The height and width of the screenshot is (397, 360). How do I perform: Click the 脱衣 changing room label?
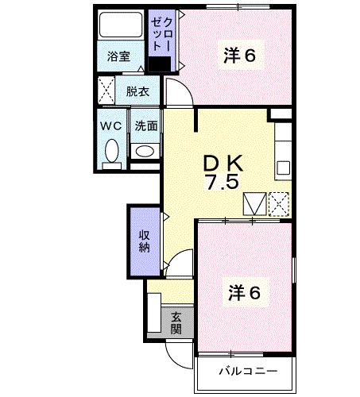pyautogui.click(x=137, y=91)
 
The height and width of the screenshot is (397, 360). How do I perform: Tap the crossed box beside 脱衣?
pyautogui.click(x=106, y=90)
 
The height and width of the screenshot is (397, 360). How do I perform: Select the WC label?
pyautogui.click(x=110, y=126)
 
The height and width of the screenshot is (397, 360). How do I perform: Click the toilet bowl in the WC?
pyautogui.click(x=110, y=151)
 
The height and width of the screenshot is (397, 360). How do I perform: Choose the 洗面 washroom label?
pyautogui.click(x=145, y=126)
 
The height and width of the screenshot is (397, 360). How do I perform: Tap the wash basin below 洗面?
pyautogui.click(x=145, y=151)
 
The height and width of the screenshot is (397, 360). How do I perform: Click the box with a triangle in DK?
pyautogui.click(x=254, y=203)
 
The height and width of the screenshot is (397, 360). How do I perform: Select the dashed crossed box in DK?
pyautogui.click(x=279, y=203)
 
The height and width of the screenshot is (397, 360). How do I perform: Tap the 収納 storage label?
pyautogui.click(x=144, y=241)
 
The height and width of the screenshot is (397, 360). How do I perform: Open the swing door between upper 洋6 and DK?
pyautogui.click(x=180, y=95)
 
